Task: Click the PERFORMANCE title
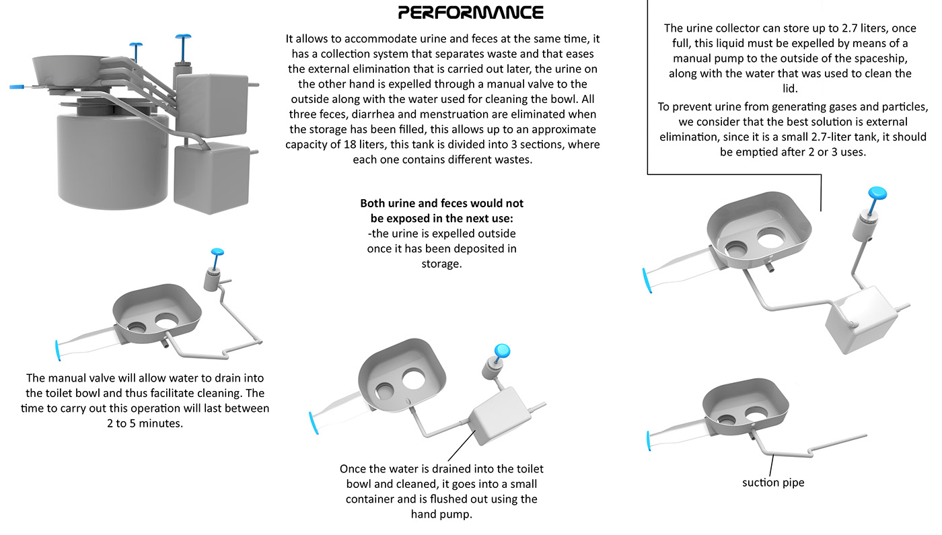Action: pos(470,12)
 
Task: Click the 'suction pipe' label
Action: pos(773,483)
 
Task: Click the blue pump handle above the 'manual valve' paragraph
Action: pos(218,252)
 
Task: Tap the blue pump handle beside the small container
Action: pos(502,350)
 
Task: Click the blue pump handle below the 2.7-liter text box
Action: pos(877,193)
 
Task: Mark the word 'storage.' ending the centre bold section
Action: pos(441,264)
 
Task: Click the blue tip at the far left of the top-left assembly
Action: pos(17,87)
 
